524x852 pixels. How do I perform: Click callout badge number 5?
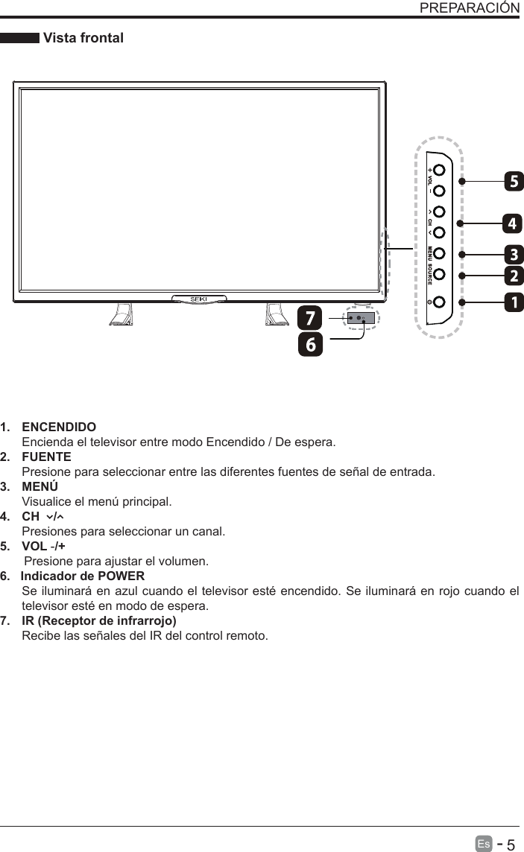(513, 181)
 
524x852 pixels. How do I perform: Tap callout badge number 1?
(513, 302)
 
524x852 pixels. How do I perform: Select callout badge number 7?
(310, 318)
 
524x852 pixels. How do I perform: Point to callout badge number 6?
(310, 344)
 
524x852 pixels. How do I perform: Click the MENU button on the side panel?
(439, 253)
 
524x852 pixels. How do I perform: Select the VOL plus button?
(439, 171)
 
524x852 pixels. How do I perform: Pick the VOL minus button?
(439, 191)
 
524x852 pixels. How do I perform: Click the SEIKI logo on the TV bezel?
(198, 299)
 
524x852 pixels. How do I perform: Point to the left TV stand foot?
(121, 315)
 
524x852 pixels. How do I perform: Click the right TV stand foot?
(276, 315)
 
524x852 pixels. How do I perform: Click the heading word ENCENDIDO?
(59, 427)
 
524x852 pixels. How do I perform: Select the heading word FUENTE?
(47, 457)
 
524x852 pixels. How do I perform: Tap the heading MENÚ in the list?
(42, 486)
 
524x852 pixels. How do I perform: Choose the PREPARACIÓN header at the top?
(469, 8)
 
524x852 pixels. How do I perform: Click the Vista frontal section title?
(83, 38)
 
